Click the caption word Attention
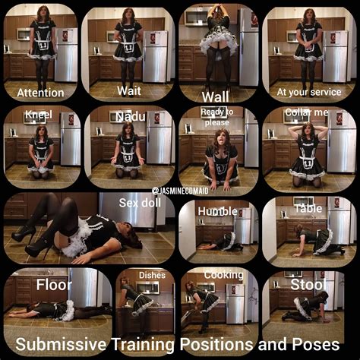pyautogui.click(x=40, y=93)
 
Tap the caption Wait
pyautogui.click(x=129, y=91)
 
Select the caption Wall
pyautogui.click(x=216, y=97)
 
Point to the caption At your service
pyautogui.click(x=309, y=93)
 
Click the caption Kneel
pyautogui.click(x=39, y=115)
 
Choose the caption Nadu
pyautogui.click(x=131, y=117)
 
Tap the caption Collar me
pyautogui.click(x=307, y=112)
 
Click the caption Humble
pyautogui.click(x=217, y=211)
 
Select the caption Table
pyautogui.click(x=308, y=209)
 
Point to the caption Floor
pyautogui.click(x=54, y=285)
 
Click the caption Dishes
pyautogui.click(x=152, y=275)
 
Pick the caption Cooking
pyautogui.click(x=223, y=275)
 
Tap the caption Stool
pyautogui.click(x=308, y=285)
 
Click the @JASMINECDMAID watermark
pyautogui.click(x=180, y=191)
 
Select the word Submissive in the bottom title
pyautogui.click(x=61, y=345)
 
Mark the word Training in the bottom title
pyautogui.click(x=143, y=345)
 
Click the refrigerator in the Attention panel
pyautogui.click(x=66, y=55)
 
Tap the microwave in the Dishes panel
pyautogui.click(x=147, y=288)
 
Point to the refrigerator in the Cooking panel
pyautogui.click(x=235, y=304)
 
